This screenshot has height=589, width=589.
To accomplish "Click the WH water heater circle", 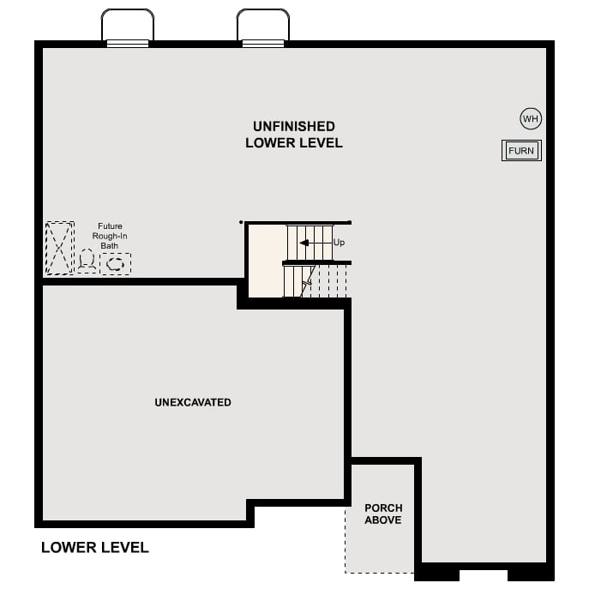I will coord(531,118).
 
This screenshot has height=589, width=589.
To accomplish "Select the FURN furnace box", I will coord(521,151).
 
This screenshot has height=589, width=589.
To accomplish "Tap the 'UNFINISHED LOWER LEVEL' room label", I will coord(294,135).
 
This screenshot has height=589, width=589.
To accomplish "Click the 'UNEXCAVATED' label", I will coord(193,402).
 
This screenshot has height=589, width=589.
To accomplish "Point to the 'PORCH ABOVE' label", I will coord(383,514).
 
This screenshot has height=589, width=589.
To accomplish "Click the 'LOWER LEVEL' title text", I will coord(95,547).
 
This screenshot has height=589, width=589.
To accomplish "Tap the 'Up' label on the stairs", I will coord(339,243).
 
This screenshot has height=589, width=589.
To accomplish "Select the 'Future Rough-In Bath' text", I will coord(110,236).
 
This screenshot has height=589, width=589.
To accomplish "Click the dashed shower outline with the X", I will coord(60,249).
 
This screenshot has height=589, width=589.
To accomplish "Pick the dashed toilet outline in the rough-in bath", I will coord(87,261).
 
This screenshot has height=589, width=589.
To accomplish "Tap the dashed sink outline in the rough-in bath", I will coord(116,264).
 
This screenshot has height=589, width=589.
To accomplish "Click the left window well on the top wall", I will coord(128,26).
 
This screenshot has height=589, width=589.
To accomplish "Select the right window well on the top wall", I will coord(263,26).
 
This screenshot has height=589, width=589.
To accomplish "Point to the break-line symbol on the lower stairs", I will coord(307,279).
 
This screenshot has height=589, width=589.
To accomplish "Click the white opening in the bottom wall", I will coord(484,574).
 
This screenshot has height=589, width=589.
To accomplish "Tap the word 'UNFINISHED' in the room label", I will coord(294,126).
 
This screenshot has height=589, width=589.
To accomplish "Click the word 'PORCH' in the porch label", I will coord(383,508).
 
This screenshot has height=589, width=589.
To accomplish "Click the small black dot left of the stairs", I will coord(241,222).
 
